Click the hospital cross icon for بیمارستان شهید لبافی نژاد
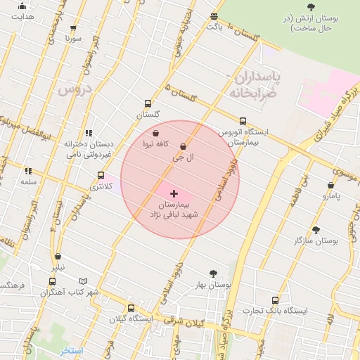point(174,193)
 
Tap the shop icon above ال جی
point(183,147)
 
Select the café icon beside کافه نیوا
point(155,133)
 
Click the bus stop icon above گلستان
point(147,103)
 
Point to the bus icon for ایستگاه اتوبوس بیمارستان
point(243,121)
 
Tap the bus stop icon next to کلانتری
point(101,175)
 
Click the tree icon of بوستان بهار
point(213,274)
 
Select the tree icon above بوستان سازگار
point(316,229)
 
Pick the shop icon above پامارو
point(330,186)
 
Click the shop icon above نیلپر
point(58,257)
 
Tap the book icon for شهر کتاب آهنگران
point(84,281)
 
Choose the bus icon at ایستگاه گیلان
point(131,308)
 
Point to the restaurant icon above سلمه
point(28,171)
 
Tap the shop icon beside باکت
point(214,16)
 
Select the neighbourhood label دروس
point(74,89)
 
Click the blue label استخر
point(72,350)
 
